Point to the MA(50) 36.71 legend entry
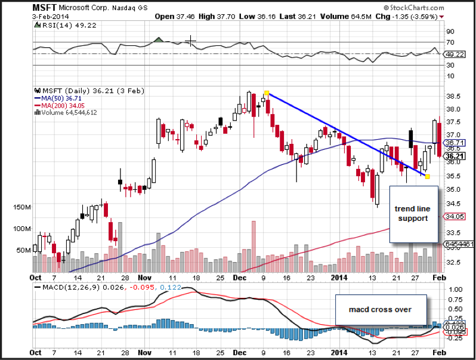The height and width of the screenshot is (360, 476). point(58,98)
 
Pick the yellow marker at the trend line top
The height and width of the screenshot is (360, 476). point(267,93)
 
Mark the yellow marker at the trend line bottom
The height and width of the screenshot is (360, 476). point(427,176)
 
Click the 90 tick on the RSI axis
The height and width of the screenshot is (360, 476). point(450,30)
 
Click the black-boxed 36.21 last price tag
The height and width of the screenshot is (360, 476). point(456,155)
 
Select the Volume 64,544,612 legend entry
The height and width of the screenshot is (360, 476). point(67,112)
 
